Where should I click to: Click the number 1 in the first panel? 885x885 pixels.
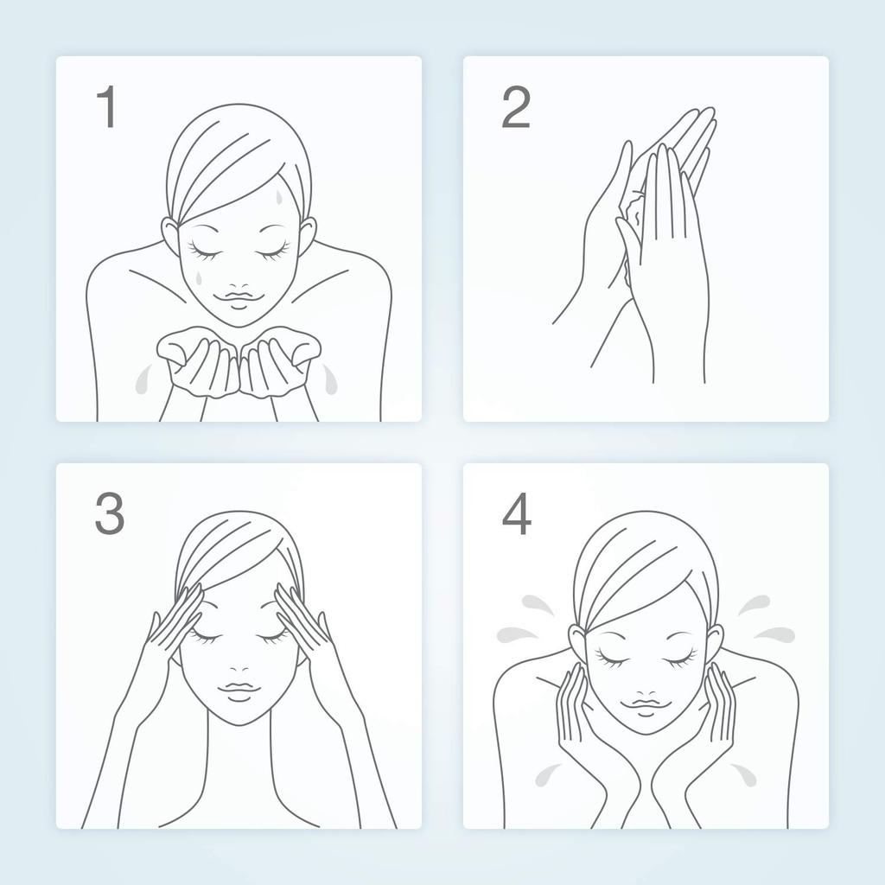tap(108, 106)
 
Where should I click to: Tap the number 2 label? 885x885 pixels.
tap(516, 106)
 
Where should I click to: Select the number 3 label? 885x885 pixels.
tap(110, 513)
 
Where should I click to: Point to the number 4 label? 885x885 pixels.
tap(517, 513)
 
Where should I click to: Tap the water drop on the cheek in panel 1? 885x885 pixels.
tap(198, 277)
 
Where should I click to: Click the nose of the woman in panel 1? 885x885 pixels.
tap(239, 286)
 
